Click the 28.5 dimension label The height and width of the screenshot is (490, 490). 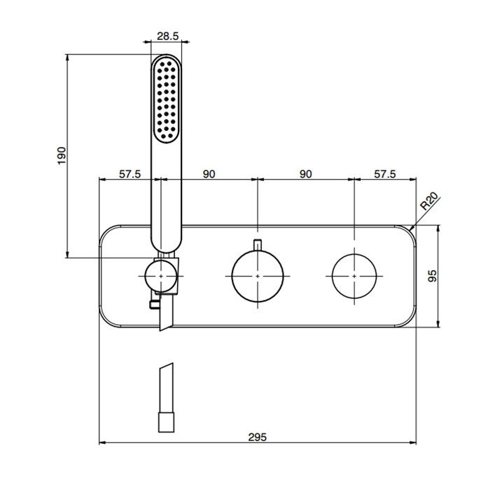(167, 36)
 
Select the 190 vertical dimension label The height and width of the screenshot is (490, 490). (62, 155)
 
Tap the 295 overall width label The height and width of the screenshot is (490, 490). (258, 437)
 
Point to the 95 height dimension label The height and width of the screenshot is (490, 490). (432, 276)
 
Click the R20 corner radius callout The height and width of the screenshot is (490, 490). (430, 201)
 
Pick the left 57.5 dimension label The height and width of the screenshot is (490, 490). (129, 174)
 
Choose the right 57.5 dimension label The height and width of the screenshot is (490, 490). (385, 174)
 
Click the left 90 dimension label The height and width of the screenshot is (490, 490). (209, 174)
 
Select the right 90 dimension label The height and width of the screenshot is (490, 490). (306, 174)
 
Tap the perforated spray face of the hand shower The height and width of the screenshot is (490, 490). (167, 99)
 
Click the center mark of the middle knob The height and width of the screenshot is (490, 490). (258, 276)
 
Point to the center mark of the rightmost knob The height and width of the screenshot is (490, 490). (354, 276)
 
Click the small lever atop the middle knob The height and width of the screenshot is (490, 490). (257, 245)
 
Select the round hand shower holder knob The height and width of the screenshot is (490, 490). (160, 276)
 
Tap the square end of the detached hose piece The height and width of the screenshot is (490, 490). (167, 422)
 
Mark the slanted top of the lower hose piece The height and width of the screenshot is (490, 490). (167, 366)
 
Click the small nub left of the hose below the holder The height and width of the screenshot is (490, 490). (155, 304)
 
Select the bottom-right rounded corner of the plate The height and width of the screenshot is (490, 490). (408, 320)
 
